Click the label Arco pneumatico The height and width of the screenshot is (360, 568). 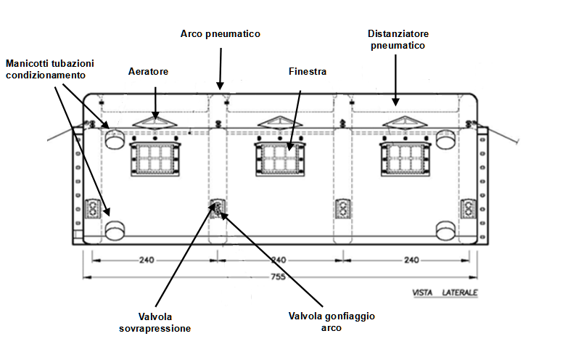click(x=221, y=33)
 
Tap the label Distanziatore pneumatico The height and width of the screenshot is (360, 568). click(x=398, y=39)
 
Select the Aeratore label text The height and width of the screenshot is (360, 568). click(x=148, y=71)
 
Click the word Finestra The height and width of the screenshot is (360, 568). click(x=308, y=71)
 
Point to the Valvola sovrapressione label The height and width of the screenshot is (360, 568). click(x=155, y=322)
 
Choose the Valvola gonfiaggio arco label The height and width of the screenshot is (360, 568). click(x=332, y=322)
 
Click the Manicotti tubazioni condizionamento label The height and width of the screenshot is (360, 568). click(x=50, y=69)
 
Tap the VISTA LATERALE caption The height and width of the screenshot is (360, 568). click(x=445, y=292)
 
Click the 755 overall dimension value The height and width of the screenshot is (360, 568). click(x=278, y=277)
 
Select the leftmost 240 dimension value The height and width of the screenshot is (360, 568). click(x=147, y=260)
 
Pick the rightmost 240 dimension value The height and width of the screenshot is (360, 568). click(x=411, y=260)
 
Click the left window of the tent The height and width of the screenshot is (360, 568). click(x=155, y=159)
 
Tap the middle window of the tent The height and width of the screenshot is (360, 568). click(x=280, y=159)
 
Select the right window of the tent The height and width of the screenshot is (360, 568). click(x=406, y=159)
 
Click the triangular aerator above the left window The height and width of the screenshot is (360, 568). click(x=155, y=123)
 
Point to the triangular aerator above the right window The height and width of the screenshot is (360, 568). click(x=405, y=123)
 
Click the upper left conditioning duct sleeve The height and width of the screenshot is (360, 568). click(x=115, y=138)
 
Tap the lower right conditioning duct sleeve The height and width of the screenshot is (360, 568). click(x=445, y=230)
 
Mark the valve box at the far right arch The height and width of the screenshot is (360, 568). click(x=469, y=209)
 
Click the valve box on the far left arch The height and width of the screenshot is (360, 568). click(x=92, y=209)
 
